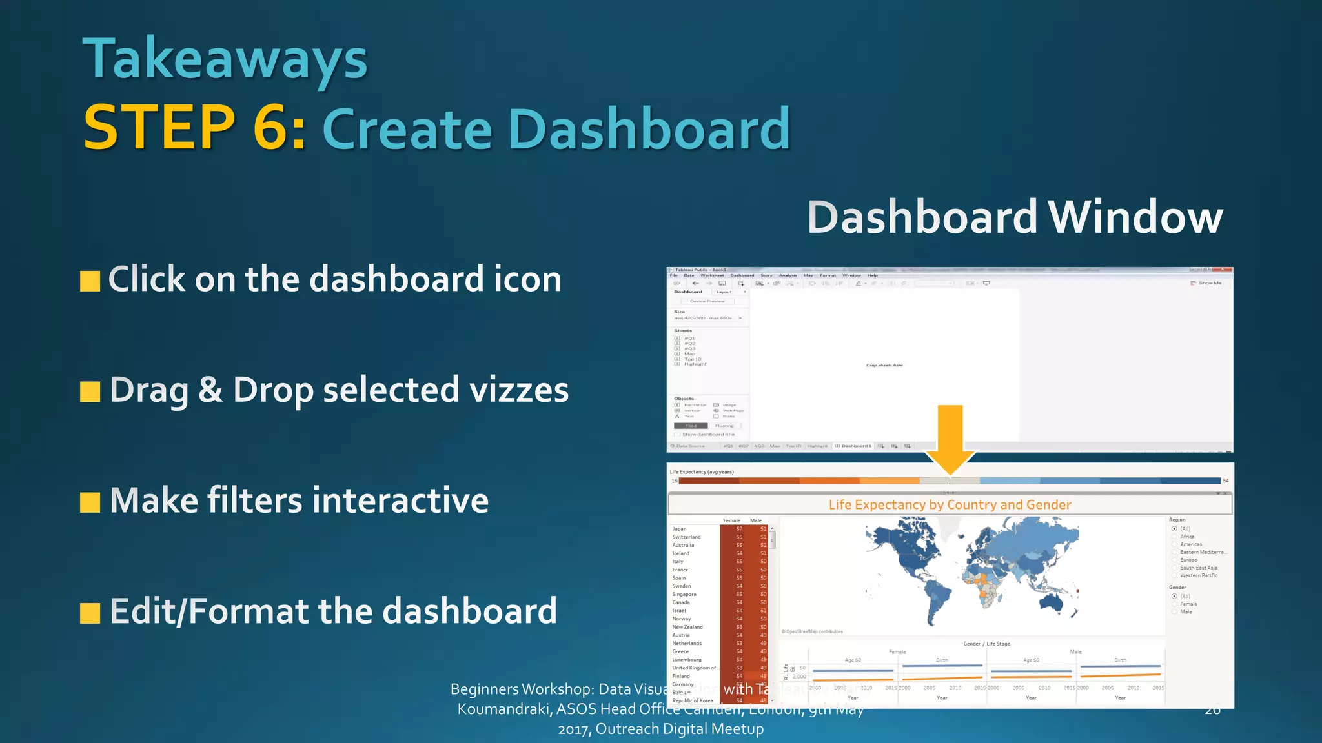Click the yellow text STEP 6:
[x=194, y=128]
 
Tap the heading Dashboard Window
[x=1015, y=217]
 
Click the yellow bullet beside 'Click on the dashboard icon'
[x=90, y=281]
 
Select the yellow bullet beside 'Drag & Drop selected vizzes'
[x=90, y=391]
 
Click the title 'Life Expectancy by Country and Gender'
[x=950, y=505]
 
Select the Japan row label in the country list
[x=679, y=529]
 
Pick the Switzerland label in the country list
[x=686, y=537]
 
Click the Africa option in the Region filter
[x=1186, y=537]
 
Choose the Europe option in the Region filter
[x=1188, y=560]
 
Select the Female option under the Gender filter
[x=1188, y=604]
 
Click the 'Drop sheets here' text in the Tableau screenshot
[x=884, y=366]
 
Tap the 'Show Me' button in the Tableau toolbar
[x=1209, y=283]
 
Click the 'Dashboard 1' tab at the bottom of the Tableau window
[x=855, y=446]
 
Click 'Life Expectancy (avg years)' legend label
[x=702, y=472]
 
